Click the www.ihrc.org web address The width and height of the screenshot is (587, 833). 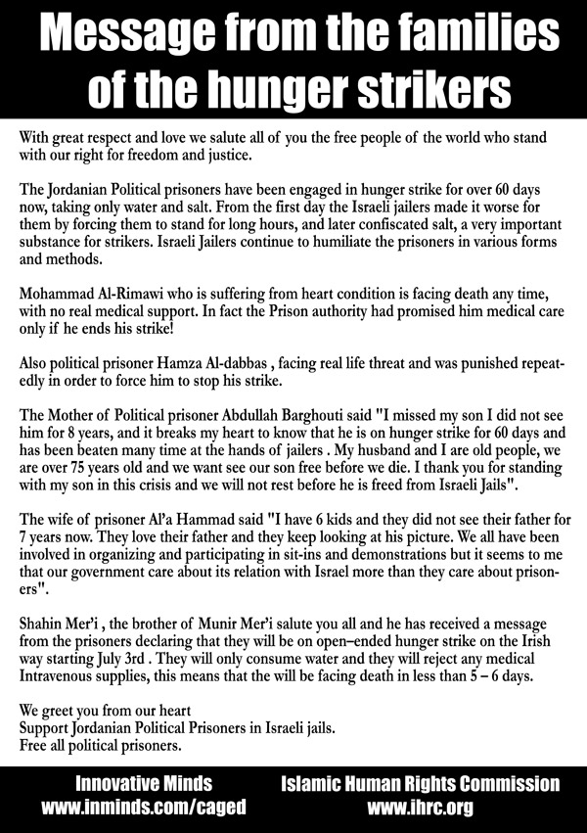pos(421,809)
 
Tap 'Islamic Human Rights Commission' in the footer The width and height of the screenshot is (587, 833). pos(421,784)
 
